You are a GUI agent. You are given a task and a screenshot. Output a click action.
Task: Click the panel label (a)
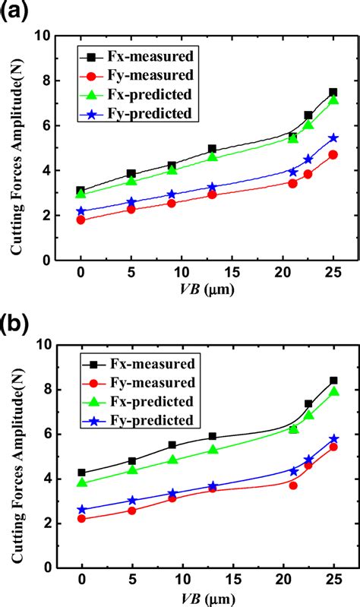coord(16,11)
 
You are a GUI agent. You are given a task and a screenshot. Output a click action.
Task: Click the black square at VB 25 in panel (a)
coord(333,93)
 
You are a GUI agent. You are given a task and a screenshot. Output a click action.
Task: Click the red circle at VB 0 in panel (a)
coord(81,220)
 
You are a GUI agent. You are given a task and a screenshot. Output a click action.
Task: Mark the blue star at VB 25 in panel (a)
coord(333,138)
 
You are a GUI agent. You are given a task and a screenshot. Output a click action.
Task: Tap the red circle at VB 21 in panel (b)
coord(292,485)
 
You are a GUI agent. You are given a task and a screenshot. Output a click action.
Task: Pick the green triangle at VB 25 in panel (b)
coord(333,392)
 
